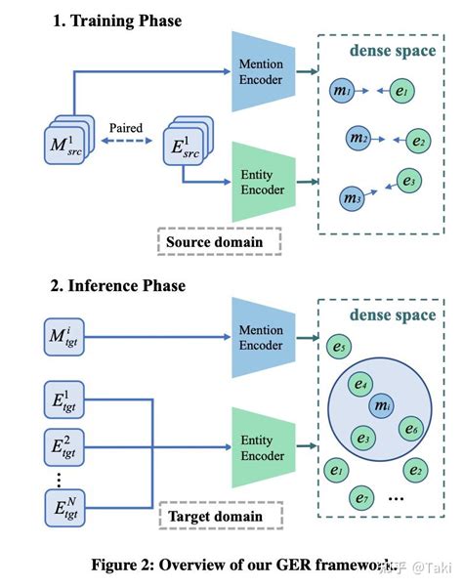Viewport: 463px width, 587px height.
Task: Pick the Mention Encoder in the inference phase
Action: tap(260, 337)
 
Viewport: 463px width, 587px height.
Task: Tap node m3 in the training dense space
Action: tap(351, 197)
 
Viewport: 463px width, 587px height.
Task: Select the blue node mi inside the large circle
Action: tap(383, 405)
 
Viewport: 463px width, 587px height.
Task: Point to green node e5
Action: tap(338, 345)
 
